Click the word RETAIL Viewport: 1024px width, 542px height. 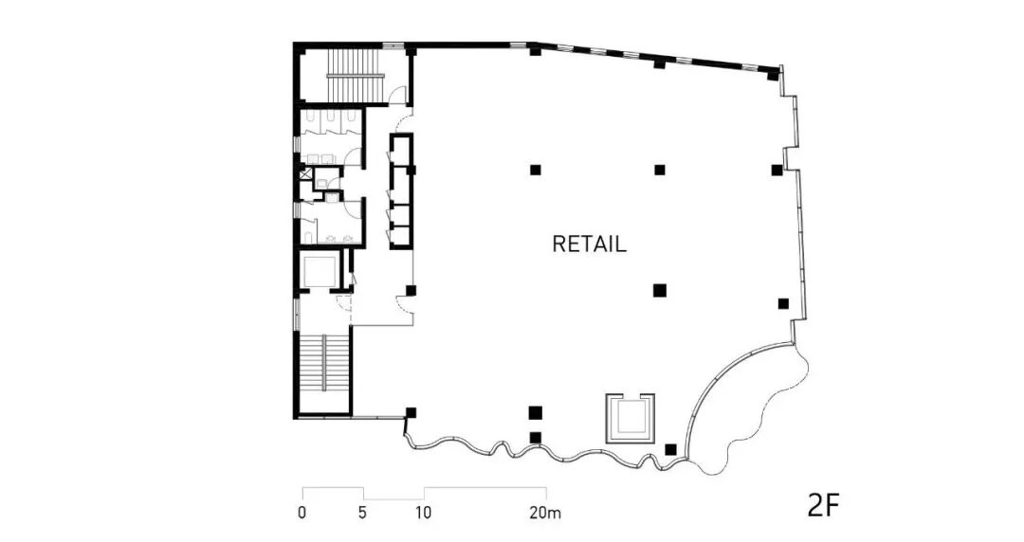589,244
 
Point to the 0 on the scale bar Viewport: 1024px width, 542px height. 302,514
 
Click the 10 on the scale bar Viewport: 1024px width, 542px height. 424,514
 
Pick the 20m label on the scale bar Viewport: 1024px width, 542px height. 545,514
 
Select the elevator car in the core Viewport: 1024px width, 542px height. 318,271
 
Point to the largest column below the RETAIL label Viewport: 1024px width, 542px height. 660,290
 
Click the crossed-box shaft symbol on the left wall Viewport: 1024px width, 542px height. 304,174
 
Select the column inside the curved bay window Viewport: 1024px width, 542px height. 671,449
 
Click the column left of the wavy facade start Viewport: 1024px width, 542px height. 411,412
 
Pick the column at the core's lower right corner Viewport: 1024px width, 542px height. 411,290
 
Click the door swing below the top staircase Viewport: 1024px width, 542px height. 400,95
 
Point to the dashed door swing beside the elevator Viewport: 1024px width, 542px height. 344,303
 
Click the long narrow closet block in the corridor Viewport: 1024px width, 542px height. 402,191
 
